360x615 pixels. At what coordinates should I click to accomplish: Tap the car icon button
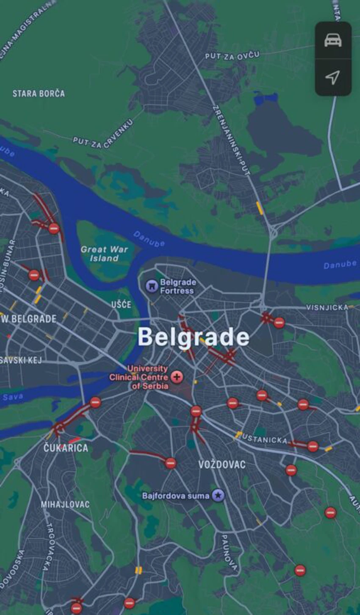(x=333, y=40)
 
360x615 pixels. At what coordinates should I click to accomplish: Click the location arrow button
(x=333, y=77)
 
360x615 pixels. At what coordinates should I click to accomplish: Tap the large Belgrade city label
(x=194, y=337)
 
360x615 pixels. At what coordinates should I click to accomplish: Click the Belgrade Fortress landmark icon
(x=151, y=286)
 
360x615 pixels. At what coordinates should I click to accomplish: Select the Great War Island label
(x=104, y=253)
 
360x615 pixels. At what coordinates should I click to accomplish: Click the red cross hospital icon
(x=177, y=377)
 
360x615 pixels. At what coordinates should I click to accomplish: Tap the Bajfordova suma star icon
(x=218, y=495)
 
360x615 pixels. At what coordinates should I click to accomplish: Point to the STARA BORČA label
(x=39, y=94)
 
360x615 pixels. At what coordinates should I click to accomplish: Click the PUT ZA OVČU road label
(x=232, y=56)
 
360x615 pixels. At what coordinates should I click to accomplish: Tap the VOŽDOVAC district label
(x=222, y=465)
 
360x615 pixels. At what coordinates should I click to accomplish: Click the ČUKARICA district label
(x=66, y=448)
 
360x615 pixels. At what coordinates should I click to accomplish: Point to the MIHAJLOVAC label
(x=65, y=504)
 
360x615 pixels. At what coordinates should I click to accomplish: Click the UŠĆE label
(x=121, y=304)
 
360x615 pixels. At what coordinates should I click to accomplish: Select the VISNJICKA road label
(x=327, y=307)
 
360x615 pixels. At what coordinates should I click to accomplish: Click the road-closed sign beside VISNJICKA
(x=279, y=323)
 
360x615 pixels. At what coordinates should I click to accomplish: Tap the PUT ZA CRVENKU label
(x=103, y=134)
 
